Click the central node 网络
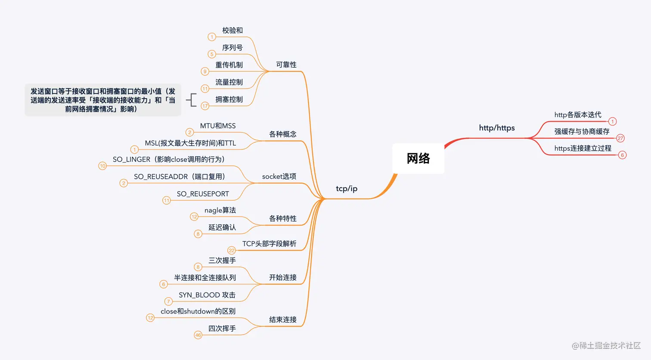418,158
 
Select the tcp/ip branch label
347,189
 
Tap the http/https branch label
497,128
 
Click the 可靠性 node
286,65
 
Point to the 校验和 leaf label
232,31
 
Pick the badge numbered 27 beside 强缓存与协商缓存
620,138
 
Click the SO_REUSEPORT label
203,194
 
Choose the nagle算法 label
220,210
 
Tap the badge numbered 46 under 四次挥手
198,335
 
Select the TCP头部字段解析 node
269,244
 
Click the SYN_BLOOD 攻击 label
207,295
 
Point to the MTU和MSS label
218,126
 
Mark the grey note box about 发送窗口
103,100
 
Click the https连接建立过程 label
583,148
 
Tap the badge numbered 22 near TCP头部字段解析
232,250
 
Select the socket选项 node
279,177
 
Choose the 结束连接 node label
283,320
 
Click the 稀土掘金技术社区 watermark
606,345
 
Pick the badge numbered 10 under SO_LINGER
102,166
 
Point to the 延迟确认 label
222,227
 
